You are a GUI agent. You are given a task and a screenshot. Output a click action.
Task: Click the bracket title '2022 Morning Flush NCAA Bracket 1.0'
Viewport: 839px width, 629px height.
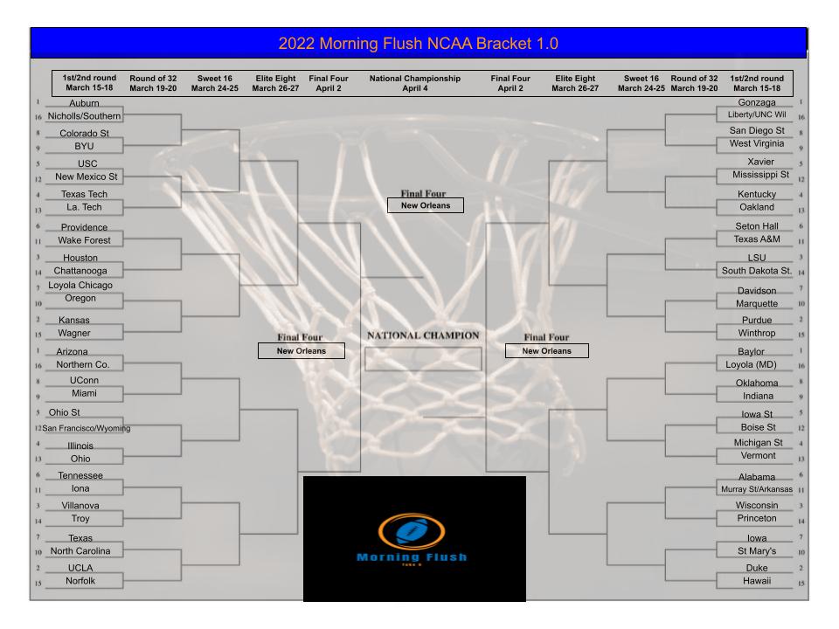click(x=418, y=43)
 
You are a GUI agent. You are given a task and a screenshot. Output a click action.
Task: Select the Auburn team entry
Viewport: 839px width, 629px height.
click(x=84, y=103)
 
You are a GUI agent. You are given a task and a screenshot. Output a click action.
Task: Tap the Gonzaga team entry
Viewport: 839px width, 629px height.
click(x=756, y=103)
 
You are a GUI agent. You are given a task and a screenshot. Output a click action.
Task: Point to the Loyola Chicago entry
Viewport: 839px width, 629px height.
click(x=80, y=285)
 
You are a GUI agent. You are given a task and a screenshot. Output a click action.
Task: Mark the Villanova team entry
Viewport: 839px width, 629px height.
click(x=80, y=505)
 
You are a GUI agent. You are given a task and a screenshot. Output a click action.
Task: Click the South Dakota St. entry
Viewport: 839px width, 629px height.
click(x=756, y=271)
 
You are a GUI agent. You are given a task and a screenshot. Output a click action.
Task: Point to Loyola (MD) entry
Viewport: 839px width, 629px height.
click(x=752, y=364)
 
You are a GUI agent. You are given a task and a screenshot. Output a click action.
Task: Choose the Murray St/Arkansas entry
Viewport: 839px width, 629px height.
click(x=756, y=489)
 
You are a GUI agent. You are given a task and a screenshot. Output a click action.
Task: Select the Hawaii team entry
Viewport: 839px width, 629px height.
click(x=756, y=581)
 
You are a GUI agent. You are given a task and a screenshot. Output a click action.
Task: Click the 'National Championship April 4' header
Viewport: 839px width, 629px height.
click(x=414, y=83)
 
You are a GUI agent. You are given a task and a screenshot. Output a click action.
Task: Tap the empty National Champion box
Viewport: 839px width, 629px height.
click(x=423, y=359)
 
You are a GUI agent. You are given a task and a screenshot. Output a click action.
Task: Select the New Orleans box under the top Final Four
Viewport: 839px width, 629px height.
click(x=426, y=206)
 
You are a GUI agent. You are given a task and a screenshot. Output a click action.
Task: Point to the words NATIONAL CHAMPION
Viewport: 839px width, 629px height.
click(x=423, y=335)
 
